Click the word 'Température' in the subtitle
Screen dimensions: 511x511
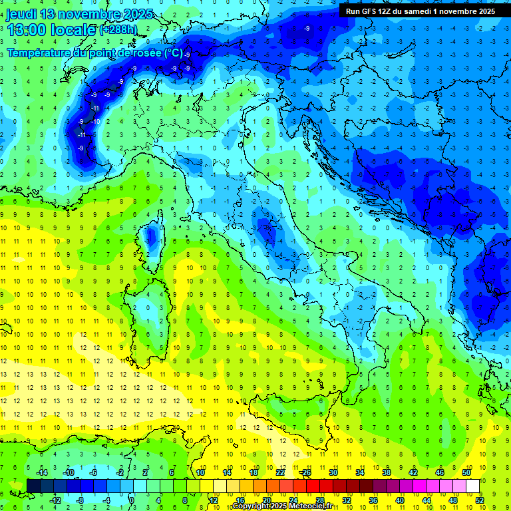pos(39,53)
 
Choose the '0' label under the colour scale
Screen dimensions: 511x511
pos(132,500)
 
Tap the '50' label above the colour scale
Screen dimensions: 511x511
pos(466,472)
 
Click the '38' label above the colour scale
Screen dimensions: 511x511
pos(387,472)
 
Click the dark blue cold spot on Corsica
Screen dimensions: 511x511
pos(152,236)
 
